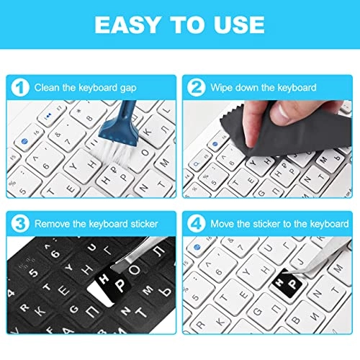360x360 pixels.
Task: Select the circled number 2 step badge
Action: coord(196,88)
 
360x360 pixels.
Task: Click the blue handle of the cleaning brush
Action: coord(127,112)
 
